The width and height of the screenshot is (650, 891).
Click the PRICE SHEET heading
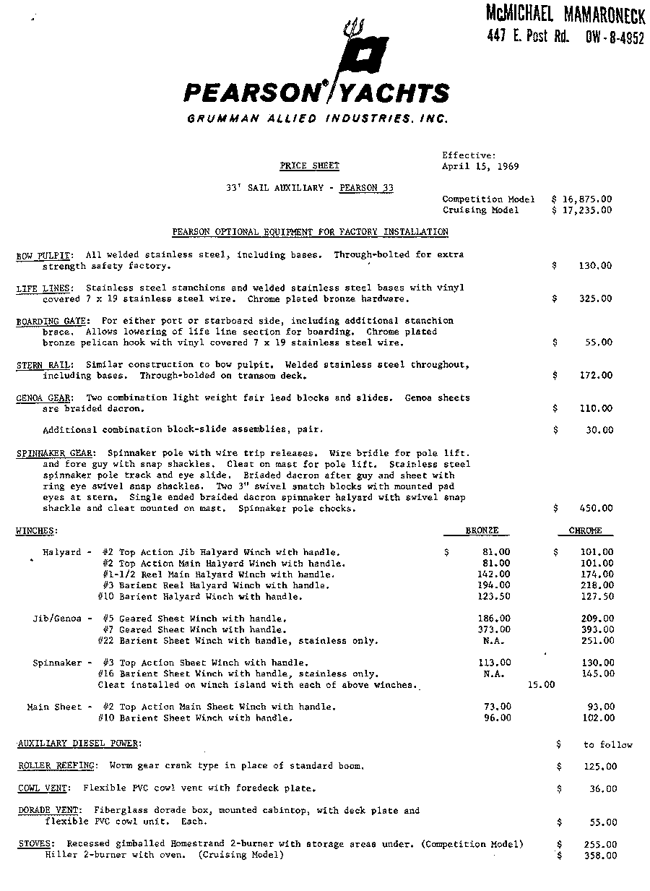[x=310, y=166]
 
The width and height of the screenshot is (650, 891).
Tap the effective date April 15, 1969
[x=480, y=166]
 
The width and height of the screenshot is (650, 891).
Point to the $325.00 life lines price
[x=594, y=298]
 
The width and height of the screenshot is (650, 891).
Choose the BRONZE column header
[x=482, y=531]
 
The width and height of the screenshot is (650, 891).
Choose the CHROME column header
[x=586, y=531]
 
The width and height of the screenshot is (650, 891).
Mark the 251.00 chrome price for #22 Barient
[x=598, y=641]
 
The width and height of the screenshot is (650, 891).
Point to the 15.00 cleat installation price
[x=542, y=685]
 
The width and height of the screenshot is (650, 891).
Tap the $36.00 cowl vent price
[x=603, y=789]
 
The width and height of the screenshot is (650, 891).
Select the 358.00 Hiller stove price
[x=600, y=856]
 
